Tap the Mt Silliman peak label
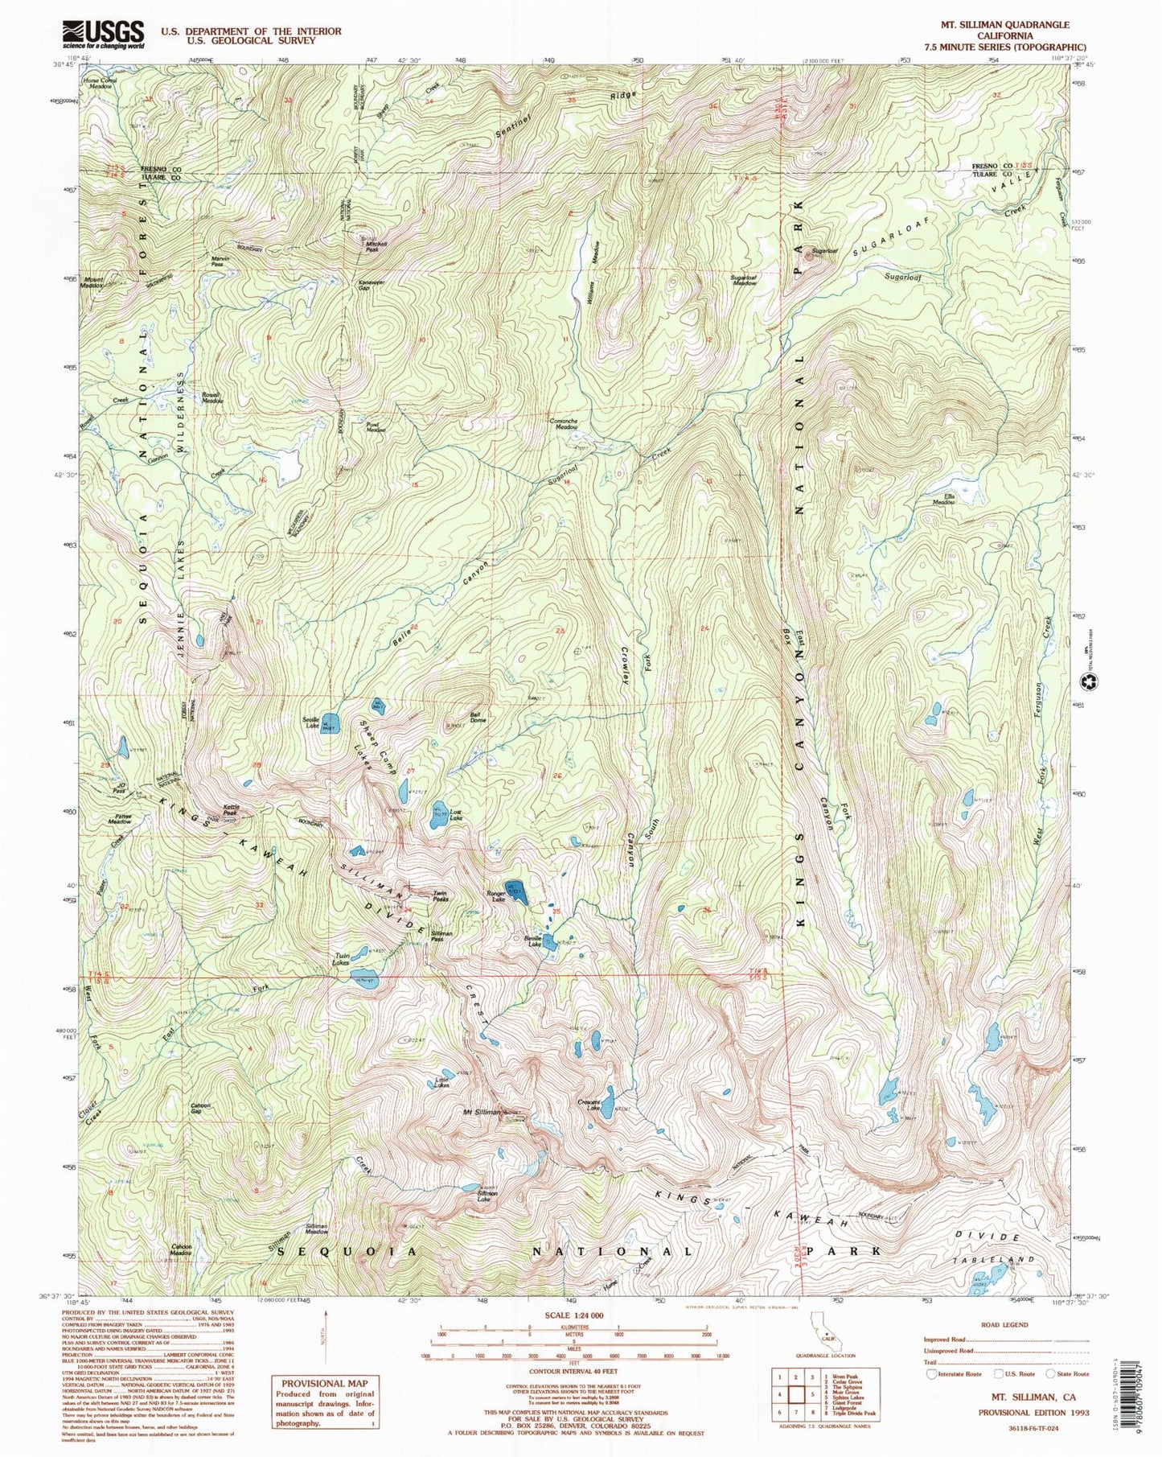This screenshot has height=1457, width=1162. (x=482, y=1113)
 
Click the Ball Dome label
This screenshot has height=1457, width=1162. (x=478, y=717)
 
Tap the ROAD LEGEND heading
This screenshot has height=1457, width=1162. (x=1004, y=1324)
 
